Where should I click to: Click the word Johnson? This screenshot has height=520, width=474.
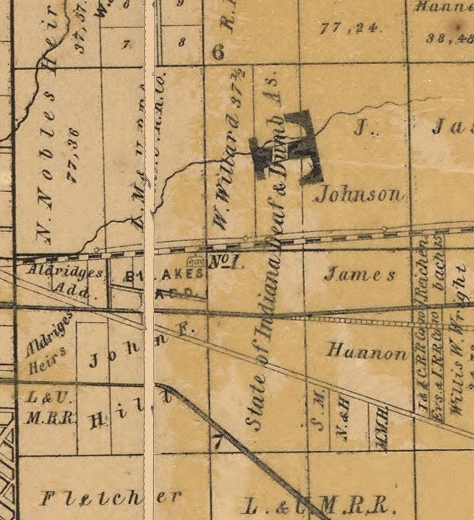coord(359,194)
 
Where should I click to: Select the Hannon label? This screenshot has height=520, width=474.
coord(367,352)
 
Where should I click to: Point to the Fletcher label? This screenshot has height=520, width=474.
coord(110,497)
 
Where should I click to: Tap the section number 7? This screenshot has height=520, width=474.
coord(216,440)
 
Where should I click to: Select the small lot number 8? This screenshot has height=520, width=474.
coord(182,41)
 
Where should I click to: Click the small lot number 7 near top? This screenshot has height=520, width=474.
coord(126,45)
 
